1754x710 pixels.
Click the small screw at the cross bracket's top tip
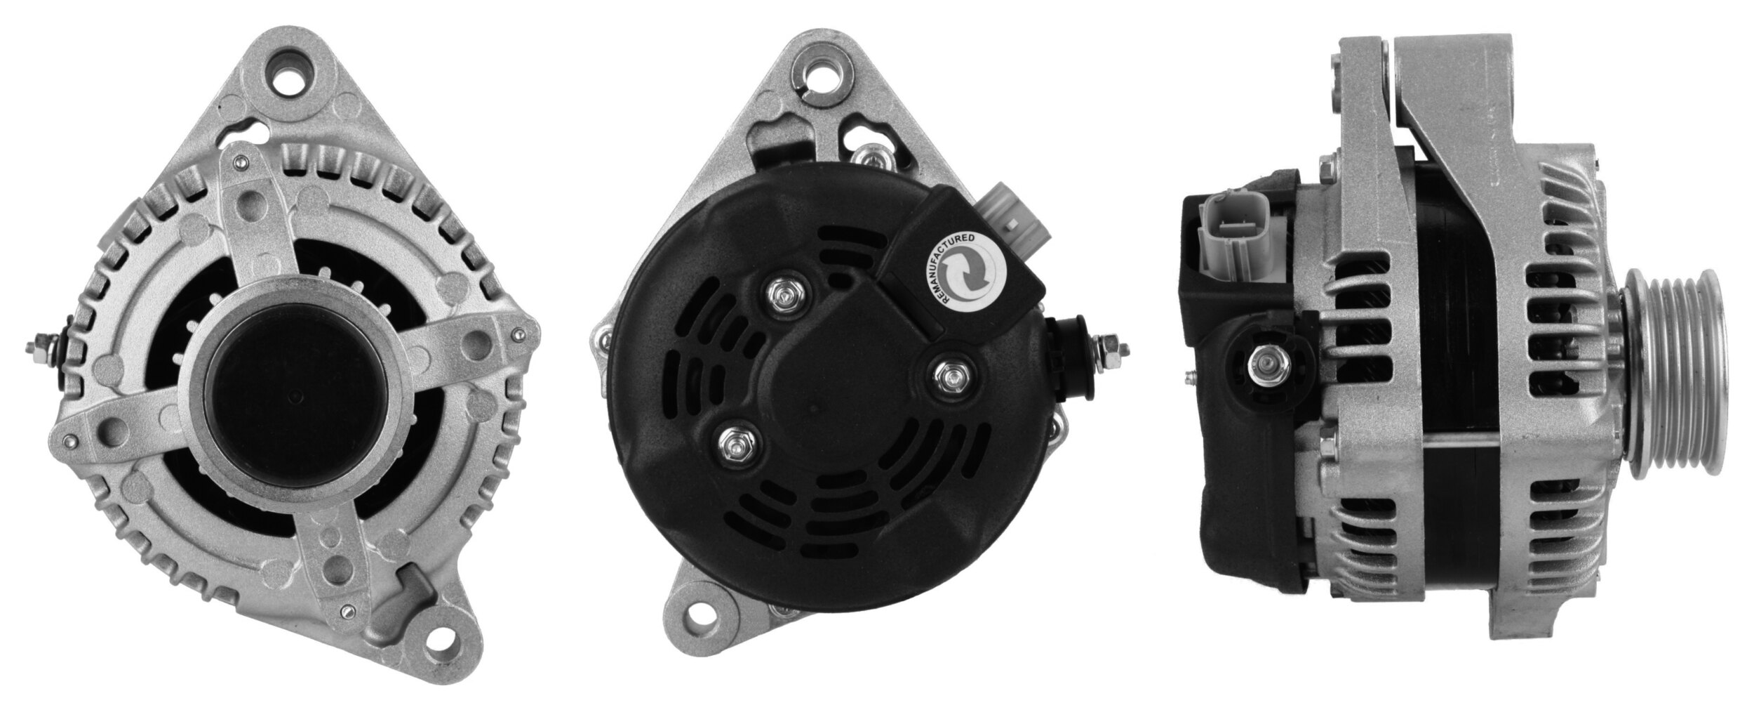pyautogui.click(x=241, y=165)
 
